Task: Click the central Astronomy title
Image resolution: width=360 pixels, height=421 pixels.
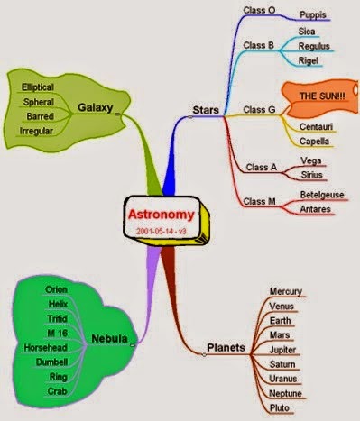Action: [162, 215]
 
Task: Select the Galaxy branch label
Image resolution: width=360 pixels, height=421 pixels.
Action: [95, 107]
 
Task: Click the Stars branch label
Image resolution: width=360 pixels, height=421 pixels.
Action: [206, 110]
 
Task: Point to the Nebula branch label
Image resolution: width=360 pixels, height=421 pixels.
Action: [109, 338]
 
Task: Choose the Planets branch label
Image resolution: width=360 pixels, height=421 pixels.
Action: [226, 347]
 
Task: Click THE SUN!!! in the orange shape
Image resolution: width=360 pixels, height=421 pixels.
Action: [322, 96]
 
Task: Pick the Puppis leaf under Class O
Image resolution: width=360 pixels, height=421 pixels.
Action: [313, 14]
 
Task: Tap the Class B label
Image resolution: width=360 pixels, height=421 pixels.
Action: [259, 45]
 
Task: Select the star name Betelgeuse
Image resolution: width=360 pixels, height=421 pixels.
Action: [322, 195]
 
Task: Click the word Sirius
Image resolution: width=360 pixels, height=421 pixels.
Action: [311, 175]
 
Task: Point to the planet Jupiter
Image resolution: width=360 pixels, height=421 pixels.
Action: [282, 350]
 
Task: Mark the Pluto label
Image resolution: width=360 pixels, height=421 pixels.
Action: [280, 407]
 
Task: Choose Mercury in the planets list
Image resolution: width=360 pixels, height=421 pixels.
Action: [286, 291]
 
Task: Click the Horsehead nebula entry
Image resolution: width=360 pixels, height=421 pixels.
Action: [45, 348]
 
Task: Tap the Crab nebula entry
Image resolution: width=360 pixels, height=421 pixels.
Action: [57, 391]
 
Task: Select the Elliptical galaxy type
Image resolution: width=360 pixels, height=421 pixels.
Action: [38, 87]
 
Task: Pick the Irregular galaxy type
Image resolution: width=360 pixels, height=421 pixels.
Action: [36, 131]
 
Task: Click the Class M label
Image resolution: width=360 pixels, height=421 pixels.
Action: [259, 201]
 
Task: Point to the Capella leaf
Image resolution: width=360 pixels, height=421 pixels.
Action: [314, 142]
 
